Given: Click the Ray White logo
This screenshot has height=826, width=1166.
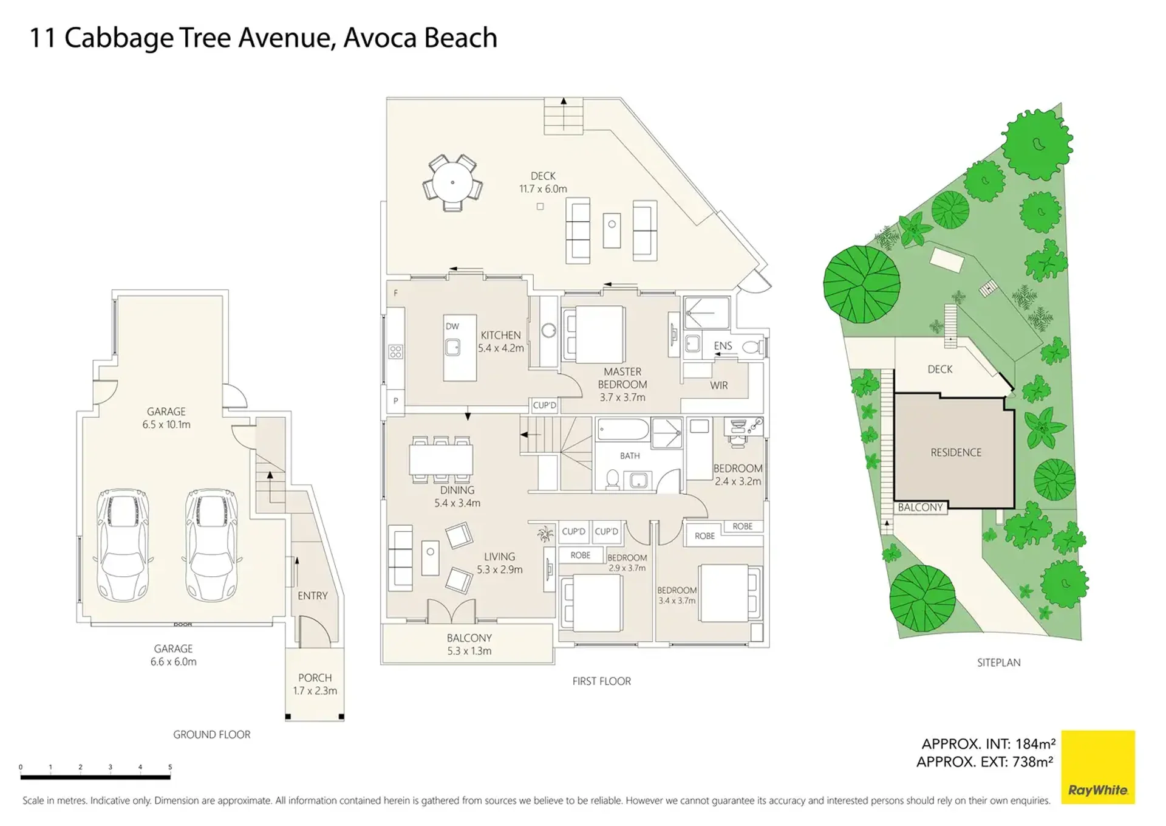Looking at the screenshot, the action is pyautogui.click(x=1097, y=766).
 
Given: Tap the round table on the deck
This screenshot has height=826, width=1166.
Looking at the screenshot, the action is pyautogui.click(x=452, y=182).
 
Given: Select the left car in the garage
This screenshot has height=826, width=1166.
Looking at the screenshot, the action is pyautogui.click(x=123, y=545).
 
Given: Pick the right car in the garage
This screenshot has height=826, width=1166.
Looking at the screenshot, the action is pyautogui.click(x=211, y=545).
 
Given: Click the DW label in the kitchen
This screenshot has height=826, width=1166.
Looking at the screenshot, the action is pyautogui.click(x=452, y=326).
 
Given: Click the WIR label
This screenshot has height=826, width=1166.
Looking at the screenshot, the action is pyautogui.click(x=719, y=385).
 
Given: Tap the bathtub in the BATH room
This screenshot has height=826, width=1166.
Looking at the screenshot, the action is pyautogui.click(x=623, y=430).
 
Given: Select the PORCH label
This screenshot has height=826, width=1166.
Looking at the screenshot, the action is pyautogui.click(x=315, y=678).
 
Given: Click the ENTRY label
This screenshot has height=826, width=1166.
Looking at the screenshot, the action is pyautogui.click(x=313, y=596).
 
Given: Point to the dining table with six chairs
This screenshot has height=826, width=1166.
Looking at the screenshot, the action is pyautogui.click(x=441, y=459).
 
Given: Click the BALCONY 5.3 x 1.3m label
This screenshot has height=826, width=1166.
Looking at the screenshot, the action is pyautogui.click(x=469, y=644).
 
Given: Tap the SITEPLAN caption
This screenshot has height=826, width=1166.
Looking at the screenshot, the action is pyautogui.click(x=999, y=663).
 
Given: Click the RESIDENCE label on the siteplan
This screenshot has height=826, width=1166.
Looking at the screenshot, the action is pyautogui.click(x=956, y=452).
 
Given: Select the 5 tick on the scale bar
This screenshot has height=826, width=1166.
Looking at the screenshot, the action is pyautogui.click(x=170, y=768).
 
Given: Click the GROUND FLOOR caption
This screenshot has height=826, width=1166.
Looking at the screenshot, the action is pyautogui.click(x=212, y=734).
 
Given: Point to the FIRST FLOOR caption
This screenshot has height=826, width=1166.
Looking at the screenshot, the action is pyautogui.click(x=602, y=681).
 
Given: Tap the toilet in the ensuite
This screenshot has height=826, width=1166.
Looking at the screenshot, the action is pyautogui.click(x=753, y=347).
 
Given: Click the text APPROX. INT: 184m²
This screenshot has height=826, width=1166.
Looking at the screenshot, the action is pyautogui.click(x=989, y=744).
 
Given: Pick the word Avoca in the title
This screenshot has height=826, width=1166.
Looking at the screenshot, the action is pyautogui.click(x=380, y=38).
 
